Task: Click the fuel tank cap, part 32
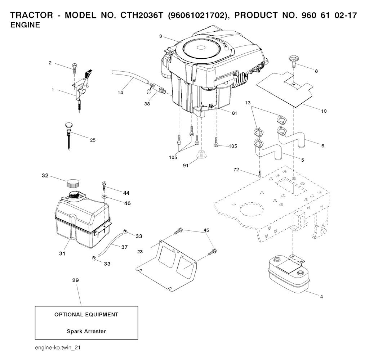[73, 183]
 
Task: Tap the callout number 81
[235, 113]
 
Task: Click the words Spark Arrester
[86, 331]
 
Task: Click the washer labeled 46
[104, 197]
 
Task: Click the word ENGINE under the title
[25, 26]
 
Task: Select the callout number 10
[324, 111]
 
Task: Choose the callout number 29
[76, 280]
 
